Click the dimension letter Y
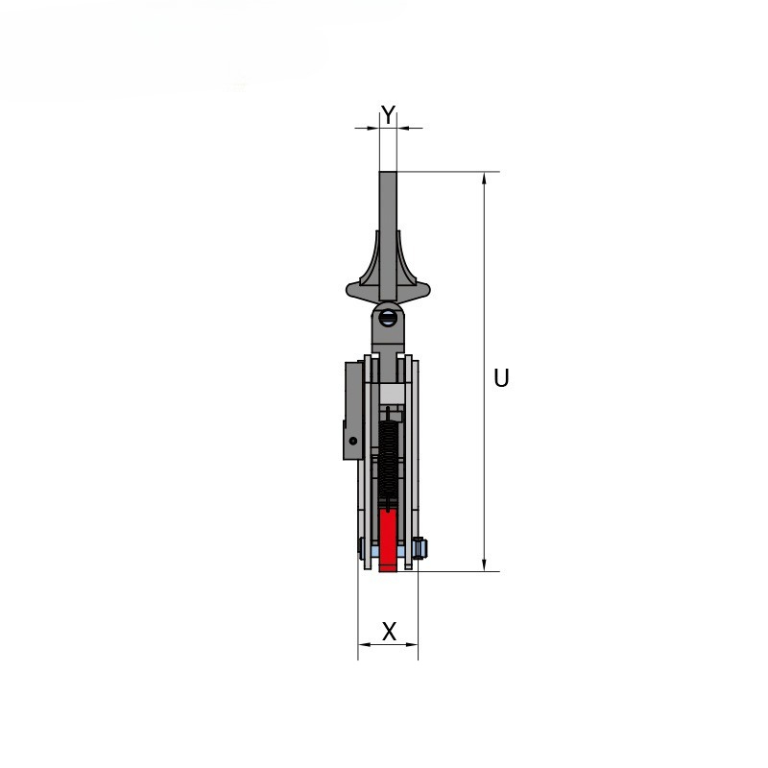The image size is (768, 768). (x=388, y=115)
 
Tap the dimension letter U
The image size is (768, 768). (x=501, y=378)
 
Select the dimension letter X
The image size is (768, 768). (x=389, y=632)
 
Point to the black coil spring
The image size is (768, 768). (x=388, y=461)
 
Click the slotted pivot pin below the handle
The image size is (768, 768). (x=388, y=318)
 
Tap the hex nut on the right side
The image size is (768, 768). (x=420, y=548)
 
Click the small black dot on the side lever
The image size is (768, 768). (x=352, y=441)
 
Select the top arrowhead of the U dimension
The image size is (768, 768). (x=485, y=179)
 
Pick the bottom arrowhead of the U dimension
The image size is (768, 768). (x=485, y=564)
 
